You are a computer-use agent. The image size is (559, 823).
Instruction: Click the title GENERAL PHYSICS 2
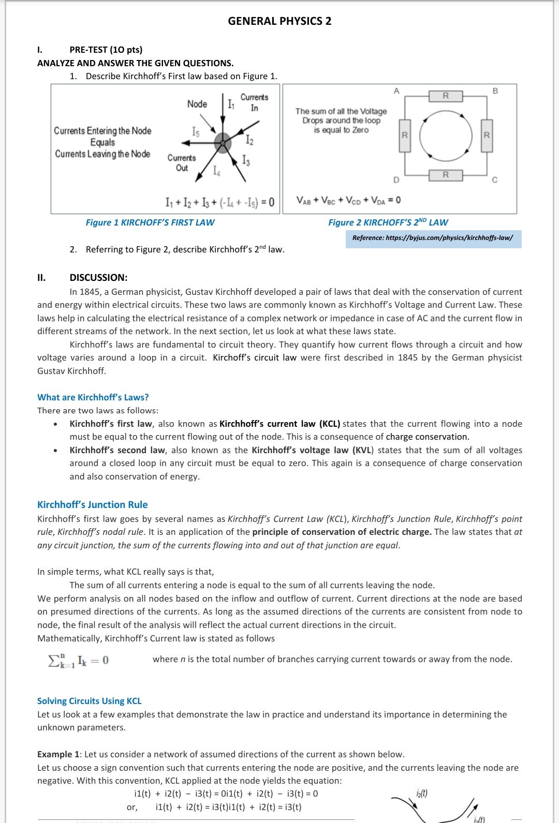[x=279, y=21]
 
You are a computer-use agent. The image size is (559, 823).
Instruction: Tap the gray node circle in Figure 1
[x=223, y=143]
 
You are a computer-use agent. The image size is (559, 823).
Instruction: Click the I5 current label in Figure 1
[x=195, y=132]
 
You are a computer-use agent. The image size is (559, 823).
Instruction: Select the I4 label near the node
[x=217, y=171]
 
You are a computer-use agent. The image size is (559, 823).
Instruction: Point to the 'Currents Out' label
[x=182, y=162]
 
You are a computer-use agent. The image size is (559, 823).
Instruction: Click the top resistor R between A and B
[x=446, y=96]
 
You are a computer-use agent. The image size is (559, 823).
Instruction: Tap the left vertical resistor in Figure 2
[x=405, y=136]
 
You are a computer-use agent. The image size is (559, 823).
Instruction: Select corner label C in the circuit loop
[x=494, y=180]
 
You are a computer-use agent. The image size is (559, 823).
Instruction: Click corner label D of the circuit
[x=396, y=180]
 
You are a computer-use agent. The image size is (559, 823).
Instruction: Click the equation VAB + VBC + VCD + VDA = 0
[x=348, y=200]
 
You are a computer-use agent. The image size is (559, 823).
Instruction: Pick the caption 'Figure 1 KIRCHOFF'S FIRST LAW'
[x=150, y=222]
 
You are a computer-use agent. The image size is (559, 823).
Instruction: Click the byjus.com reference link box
[x=433, y=238]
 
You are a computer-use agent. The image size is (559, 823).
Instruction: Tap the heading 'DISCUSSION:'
[x=98, y=277]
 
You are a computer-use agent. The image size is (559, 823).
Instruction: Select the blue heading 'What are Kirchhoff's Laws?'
[x=93, y=397]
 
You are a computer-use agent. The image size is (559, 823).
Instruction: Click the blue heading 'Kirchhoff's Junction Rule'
[x=93, y=504]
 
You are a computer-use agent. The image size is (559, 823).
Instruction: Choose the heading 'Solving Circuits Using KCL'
[x=90, y=701]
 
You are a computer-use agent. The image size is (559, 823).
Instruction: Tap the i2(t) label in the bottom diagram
[x=422, y=794]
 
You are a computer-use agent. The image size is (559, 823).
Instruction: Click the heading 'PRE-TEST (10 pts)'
[x=106, y=50]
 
